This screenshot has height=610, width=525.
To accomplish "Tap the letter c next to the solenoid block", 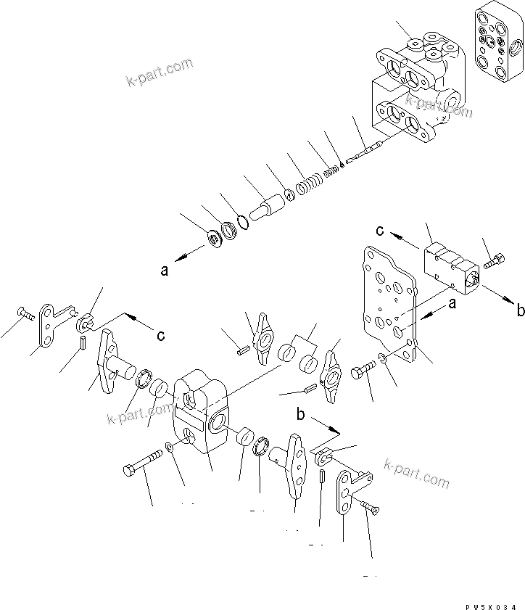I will coord(379,231).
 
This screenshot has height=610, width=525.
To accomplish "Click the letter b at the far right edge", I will coord(519,311).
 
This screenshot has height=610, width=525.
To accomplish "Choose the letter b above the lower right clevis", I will coord(299,414).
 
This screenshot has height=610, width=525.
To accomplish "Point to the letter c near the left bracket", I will coord(160,335).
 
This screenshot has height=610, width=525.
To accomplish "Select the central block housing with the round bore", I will coord(202,416).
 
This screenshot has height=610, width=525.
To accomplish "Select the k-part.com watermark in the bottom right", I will coord(416,474).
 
